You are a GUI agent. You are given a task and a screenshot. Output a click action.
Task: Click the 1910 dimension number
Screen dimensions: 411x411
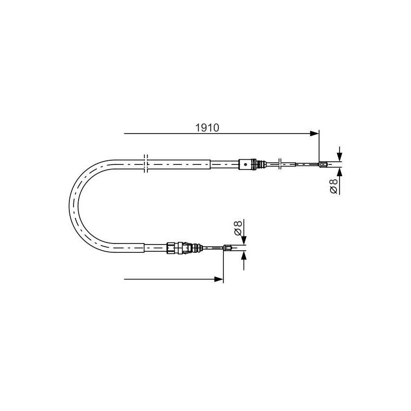pyautogui.click(x=207, y=127)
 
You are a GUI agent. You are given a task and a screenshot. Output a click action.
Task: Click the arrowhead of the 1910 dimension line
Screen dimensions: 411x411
pyautogui.click(x=314, y=134)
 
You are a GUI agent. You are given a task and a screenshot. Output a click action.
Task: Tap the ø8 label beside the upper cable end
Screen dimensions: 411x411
pyautogui.click(x=333, y=186)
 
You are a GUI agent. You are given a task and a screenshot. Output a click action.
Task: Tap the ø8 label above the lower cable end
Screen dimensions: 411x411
pyautogui.click(x=238, y=228)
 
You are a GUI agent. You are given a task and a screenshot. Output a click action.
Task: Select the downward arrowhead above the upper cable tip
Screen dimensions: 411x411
pyautogui.click(x=340, y=157)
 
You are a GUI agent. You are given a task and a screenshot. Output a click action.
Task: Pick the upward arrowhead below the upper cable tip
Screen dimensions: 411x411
pyautogui.click(x=340, y=172)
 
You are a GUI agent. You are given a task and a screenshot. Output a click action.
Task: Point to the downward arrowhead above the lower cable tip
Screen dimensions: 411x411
pyautogui.click(x=244, y=240)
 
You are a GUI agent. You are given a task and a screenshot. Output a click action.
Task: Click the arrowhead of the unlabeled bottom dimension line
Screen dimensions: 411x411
pyautogui.click(x=219, y=279)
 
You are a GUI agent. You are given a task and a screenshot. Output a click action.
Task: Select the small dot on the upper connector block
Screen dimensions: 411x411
pyautogui.click(x=246, y=164)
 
